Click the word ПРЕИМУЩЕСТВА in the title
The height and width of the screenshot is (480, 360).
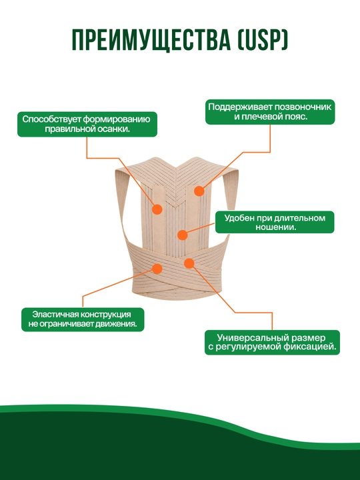point(151,40)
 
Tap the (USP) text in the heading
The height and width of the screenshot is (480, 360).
point(263,40)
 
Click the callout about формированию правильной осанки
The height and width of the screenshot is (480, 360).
point(87,124)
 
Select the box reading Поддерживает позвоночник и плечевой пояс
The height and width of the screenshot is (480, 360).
point(270,112)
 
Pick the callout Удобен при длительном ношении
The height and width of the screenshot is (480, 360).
point(275,222)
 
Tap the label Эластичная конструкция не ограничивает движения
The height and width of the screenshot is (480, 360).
point(83,319)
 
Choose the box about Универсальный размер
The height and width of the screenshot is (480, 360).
point(272,342)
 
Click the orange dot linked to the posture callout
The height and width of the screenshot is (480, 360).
point(157,209)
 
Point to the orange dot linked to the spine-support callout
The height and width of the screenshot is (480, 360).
point(199,191)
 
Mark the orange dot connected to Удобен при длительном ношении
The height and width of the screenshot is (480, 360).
point(183,235)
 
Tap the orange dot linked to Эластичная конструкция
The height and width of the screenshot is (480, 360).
point(157,269)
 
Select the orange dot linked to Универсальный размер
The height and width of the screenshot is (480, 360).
point(189,263)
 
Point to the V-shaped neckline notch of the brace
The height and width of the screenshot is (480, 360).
point(176,171)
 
